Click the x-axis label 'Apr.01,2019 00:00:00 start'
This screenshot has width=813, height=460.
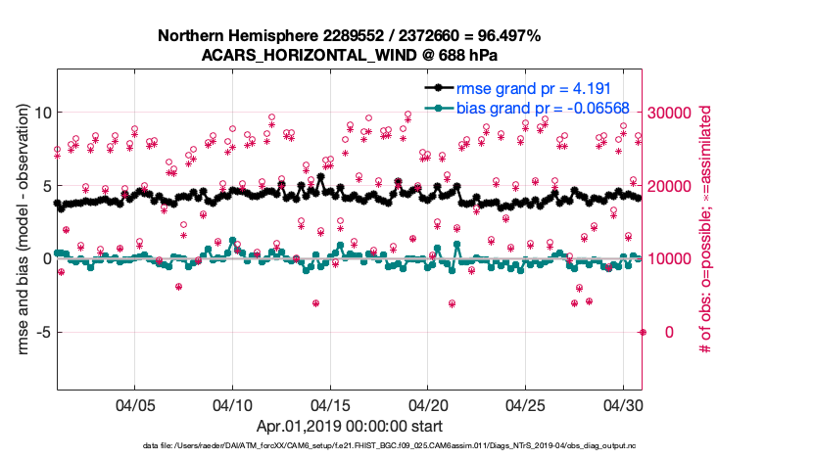click(x=349, y=426)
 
